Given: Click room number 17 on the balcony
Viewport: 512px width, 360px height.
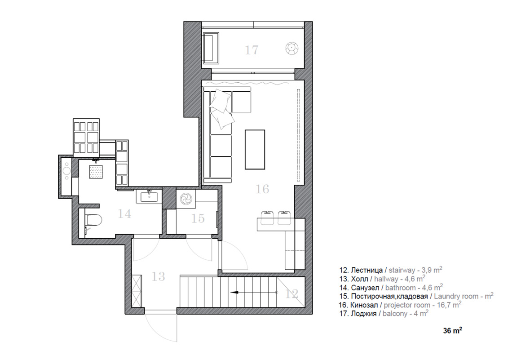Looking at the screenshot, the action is [252, 50].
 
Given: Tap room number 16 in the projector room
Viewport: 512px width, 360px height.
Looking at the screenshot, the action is [262, 189].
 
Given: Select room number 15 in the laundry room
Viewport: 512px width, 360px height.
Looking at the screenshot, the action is [198, 218].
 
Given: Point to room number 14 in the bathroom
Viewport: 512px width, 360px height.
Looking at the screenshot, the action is [124, 213].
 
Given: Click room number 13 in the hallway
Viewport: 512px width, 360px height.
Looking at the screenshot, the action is [158, 276].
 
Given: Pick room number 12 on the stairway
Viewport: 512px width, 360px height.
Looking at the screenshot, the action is [291, 293].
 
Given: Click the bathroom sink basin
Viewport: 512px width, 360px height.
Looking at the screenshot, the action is [149, 197].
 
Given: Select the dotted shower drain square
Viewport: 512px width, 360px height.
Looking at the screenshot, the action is [96, 172].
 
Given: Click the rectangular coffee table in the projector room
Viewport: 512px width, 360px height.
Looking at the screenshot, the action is [255, 149].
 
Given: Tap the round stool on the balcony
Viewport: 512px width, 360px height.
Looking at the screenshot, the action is [291, 49].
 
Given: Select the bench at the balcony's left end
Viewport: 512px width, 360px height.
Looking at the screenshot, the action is [211, 47].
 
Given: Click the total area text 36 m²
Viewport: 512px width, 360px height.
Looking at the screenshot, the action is [452, 330].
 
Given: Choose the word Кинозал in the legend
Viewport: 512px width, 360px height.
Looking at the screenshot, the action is [364, 305].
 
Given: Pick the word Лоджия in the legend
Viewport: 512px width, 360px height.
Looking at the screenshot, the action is [363, 314].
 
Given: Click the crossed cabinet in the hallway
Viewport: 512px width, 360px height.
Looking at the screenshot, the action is [137, 291].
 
